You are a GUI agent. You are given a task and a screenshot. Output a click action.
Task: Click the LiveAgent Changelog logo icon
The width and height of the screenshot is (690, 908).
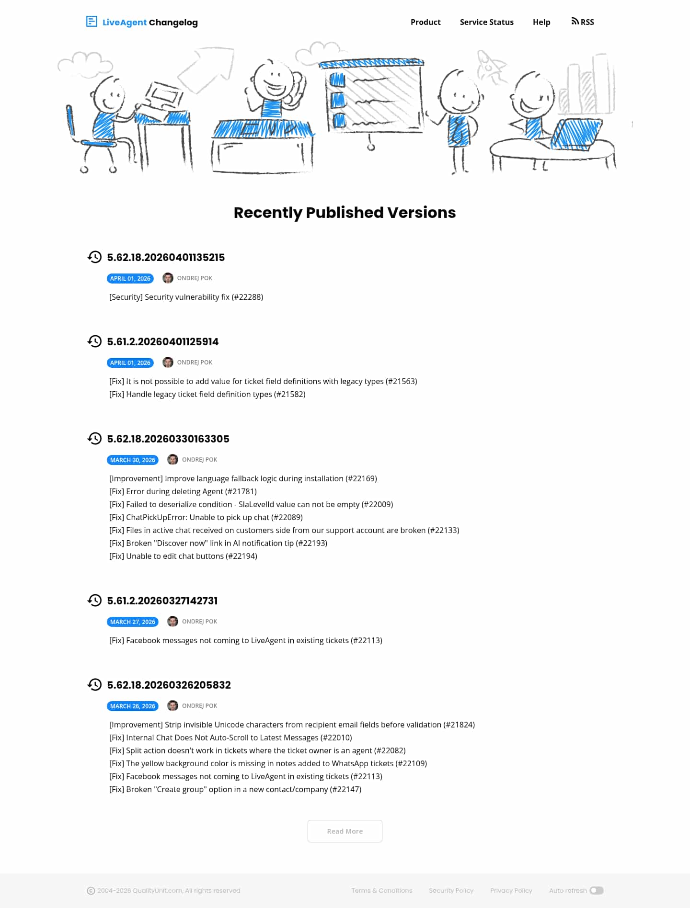92,22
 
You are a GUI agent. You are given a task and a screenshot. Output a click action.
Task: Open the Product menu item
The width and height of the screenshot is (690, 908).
425,22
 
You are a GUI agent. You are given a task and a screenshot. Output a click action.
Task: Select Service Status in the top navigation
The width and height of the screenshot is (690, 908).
486,22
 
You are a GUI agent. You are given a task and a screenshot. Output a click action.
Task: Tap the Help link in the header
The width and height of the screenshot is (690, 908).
541,22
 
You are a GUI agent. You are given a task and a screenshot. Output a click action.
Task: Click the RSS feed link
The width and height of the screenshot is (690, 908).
583,22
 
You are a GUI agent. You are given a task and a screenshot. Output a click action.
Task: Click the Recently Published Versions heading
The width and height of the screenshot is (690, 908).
345,213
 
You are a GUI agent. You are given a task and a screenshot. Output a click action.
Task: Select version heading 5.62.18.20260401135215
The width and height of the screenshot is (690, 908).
166,258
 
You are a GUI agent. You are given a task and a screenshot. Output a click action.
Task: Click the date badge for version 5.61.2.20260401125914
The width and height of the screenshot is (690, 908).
130,363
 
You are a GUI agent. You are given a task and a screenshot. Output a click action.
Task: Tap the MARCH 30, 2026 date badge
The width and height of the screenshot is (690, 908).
133,460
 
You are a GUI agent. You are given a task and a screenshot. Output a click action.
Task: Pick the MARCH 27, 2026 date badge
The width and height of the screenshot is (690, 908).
133,622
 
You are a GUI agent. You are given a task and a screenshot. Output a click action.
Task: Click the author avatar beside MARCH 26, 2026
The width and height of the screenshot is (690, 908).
172,706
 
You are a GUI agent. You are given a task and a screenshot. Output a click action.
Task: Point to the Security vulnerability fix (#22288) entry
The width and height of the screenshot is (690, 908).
186,297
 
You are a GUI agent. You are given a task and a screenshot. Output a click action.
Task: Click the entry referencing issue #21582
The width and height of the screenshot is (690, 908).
207,395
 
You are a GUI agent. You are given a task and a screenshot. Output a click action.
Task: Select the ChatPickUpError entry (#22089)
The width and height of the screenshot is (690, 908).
206,518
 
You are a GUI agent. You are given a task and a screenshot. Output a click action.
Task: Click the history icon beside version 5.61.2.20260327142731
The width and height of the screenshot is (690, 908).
95,601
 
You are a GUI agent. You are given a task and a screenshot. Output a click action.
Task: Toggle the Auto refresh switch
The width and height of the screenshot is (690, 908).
596,891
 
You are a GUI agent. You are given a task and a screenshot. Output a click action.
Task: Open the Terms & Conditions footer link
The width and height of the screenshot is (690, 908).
381,891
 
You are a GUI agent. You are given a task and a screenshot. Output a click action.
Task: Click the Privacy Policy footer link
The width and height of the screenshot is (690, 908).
511,891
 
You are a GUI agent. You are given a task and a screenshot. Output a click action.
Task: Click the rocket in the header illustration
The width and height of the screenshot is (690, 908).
491,66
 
